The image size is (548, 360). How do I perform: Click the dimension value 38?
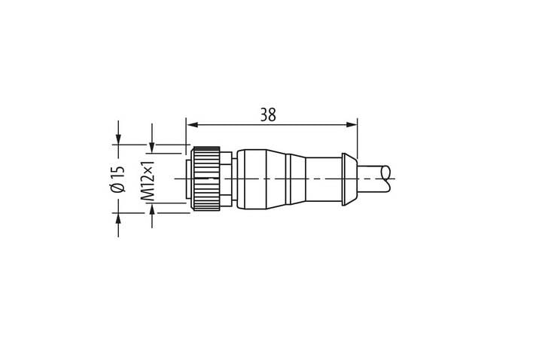click(268, 114)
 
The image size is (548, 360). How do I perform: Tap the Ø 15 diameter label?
click(117, 178)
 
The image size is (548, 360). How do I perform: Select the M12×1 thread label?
click(148, 181)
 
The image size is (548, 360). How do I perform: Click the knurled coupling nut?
click(205, 179)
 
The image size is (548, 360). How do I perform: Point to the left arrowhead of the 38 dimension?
click(192, 125)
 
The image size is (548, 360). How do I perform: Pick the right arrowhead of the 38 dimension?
click(352, 125)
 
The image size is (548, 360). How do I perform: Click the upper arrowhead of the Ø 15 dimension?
click(118, 139)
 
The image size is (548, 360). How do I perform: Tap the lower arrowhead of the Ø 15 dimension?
click(118, 218)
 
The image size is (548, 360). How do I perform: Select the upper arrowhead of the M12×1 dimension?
click(152, 147)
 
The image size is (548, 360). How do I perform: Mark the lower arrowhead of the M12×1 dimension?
click(152, 209)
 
